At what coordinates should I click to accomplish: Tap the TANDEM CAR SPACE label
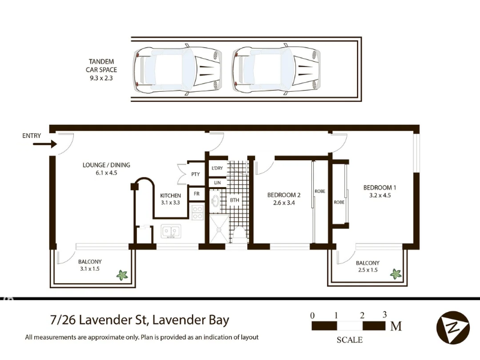pyautogui.click(x=102, y=69)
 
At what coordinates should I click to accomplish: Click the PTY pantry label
pyautogui.click(x=195, y=175)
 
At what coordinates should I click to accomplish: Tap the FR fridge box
pyautogui.click(x=196, y=194)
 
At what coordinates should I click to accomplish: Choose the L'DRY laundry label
pyautogui.click(x=217, y=168)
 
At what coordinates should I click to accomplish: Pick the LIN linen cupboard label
pyautogui.click(x=217, y=182)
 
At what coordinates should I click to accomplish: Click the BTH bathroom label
pyautogui.click(x=235, y=199)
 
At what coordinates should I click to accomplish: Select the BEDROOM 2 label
pyautogui.click(x=283, y=199)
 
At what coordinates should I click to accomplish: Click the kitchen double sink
pyautogui.click(x=171, y=231)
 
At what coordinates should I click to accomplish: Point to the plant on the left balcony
pyautogui.click(x=122, y=275)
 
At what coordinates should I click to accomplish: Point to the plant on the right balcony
pyautogui.click(x=395, y=274)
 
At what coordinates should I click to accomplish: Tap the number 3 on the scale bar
pyautogui.click(x=384, y=314)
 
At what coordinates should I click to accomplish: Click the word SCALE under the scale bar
pyautogui.click(x=349, y=340)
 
